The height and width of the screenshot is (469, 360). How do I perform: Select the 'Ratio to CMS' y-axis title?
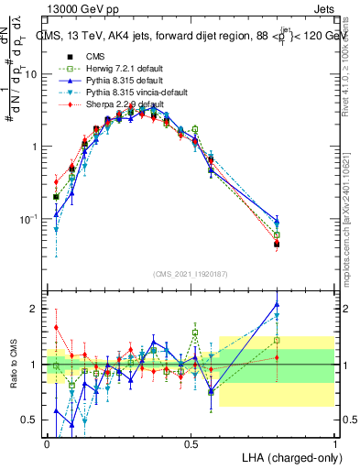click(x=14, y=365)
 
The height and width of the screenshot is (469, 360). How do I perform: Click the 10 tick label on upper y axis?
click(x=33, y=74)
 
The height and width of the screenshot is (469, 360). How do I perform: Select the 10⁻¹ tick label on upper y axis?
click(x=31, y=219)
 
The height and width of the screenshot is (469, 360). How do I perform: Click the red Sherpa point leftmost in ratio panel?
click(x=56, y=327)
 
